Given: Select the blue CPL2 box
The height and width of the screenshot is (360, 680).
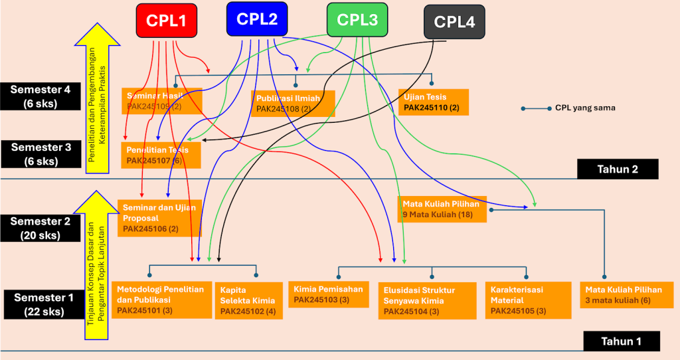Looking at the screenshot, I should coord(256,19).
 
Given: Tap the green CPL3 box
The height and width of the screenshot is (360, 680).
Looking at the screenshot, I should coord(357,20).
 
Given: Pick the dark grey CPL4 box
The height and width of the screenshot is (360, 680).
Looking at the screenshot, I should coord(454,22).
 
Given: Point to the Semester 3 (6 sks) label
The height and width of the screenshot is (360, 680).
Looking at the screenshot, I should coord(41,154).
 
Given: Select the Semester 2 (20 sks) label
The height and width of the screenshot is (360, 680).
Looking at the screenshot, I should coord(41,228).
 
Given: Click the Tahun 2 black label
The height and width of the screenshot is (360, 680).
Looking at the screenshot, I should coord(617,169).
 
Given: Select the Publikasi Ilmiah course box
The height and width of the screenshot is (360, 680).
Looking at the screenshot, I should coord(293,103).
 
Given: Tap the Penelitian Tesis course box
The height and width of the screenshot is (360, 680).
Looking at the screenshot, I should coord(160,155).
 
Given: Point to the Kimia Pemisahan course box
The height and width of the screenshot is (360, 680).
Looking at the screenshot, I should coord(329,294).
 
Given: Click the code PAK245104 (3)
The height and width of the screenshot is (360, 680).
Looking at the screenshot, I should coord(411,311).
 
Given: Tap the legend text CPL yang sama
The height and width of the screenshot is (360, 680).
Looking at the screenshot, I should coord(585,108).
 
